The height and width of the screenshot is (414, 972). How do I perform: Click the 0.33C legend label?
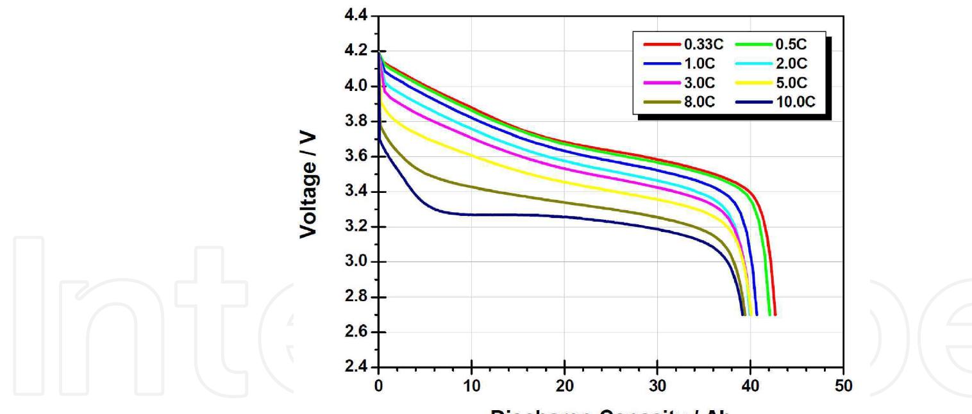(704, 44)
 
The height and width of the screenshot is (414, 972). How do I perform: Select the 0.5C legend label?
(792, 44)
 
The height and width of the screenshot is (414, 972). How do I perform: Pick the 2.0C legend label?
(792, 63)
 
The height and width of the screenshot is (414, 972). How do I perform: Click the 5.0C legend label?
(792, 83)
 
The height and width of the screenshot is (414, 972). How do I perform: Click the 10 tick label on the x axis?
(471, 388)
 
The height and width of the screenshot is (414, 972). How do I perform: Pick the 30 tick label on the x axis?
(657, 388)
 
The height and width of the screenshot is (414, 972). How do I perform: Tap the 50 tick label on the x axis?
(843, 388)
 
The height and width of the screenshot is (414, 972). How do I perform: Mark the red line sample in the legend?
(660, 44)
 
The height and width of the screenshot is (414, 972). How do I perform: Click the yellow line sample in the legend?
(750, 83)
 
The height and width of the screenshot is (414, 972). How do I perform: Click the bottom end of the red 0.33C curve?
(775, 314)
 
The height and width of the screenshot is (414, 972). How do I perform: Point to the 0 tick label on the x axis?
(379, 388)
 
